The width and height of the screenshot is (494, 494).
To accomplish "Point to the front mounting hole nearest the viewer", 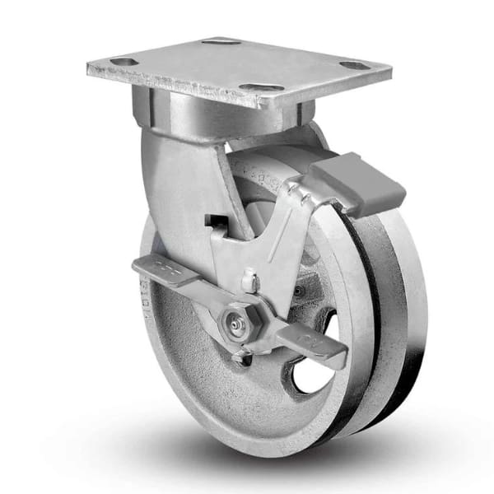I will [x=261, y=87].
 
